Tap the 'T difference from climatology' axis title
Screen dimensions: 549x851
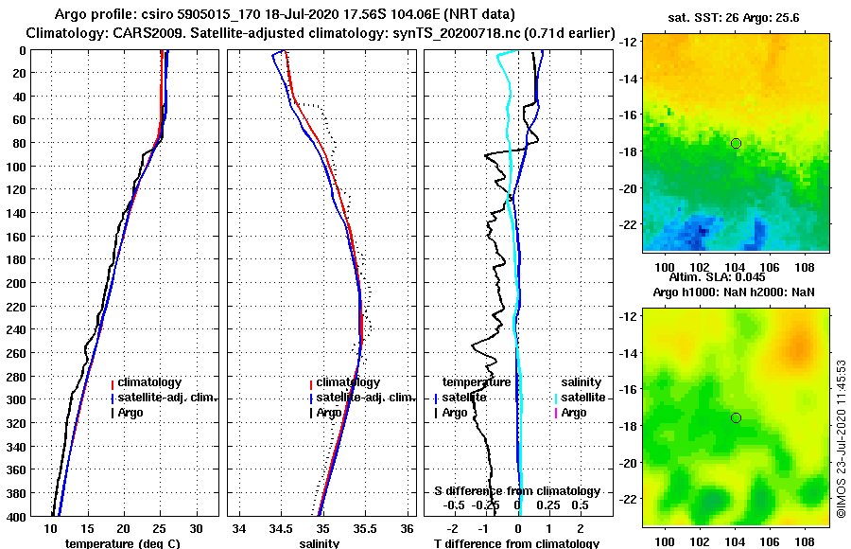516,543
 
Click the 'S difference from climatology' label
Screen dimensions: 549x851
516,491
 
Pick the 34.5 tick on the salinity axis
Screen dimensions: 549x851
281,528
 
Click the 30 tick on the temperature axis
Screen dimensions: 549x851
196,528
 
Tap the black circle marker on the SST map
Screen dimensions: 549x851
736,143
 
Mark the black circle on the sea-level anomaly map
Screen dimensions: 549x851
736,417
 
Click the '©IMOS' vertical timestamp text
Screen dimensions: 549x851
841,438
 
